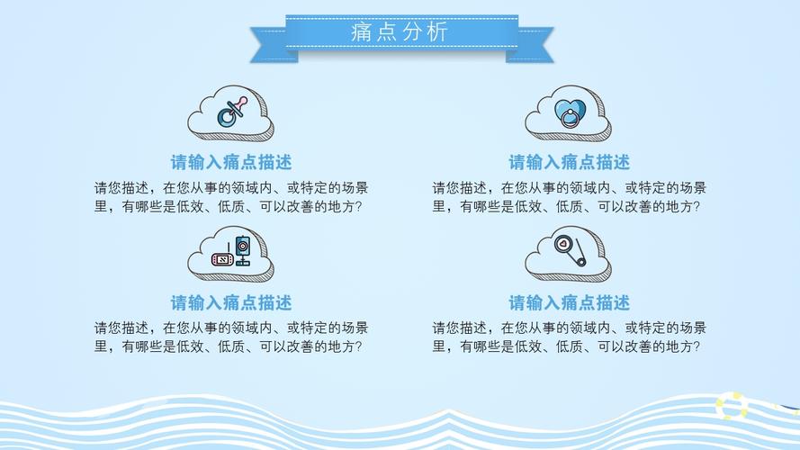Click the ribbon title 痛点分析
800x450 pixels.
pyautogui.click(x=400, y=33)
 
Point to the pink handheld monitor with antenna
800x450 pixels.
pyautogui.click(x=221, y=259)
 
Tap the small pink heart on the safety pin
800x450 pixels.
pyautogui.click(x=562, y=243)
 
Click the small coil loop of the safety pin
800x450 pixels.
pyautogui.click(x=582, y=261)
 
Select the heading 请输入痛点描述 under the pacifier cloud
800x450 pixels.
pyautogui.click(x=231, y=163)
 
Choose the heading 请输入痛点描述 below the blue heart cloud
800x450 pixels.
pyautogui.click(x=569, y=163)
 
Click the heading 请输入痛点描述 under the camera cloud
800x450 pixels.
pyautogui.click(x=231, y=302)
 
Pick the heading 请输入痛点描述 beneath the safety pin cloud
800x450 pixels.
pyautogui.click(x=569, y=302)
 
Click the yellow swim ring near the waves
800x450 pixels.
pyautogui.click(x=732, y=406)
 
